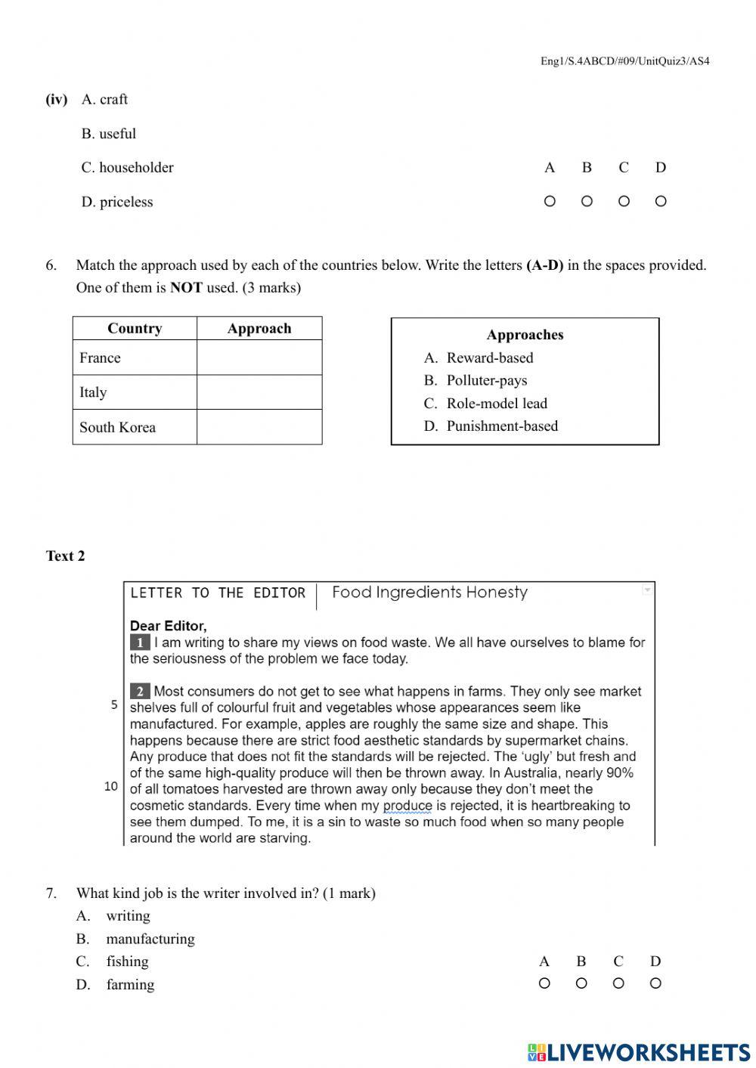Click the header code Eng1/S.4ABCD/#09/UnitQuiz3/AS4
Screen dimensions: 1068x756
624,61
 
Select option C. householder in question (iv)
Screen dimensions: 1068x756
127,168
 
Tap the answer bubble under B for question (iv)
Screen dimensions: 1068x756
587,201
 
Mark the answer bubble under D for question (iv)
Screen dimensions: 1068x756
661,201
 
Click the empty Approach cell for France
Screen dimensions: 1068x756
259,358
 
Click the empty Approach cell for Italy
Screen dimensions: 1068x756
259,392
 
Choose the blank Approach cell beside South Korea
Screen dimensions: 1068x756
259,427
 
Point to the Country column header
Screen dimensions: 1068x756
135,328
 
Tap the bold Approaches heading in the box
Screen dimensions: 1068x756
525,335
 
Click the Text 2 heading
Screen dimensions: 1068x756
65,556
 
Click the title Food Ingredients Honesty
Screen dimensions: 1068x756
429,593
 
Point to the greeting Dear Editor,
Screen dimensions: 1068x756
168,626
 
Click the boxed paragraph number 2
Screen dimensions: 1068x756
139,691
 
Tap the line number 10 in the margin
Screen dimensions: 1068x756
111,787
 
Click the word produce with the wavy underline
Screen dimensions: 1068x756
407,806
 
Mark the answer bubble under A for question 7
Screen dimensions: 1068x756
544,983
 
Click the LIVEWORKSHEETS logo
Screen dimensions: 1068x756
639,1052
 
